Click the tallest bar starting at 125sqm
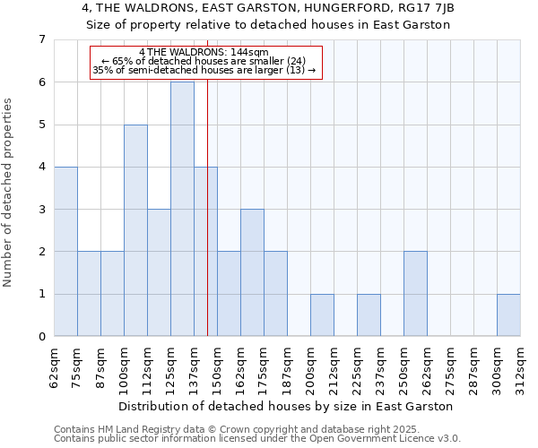(182, 209)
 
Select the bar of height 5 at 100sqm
(135, 230)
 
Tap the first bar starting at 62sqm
(65, 251)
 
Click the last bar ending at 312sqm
(508, 315)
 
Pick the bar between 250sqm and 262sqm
(415, 294)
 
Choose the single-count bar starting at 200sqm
(322, 315)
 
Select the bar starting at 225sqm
(369, 315)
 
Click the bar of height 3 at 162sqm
(252, 272)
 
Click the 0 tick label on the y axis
(41, 337)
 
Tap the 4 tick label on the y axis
(41, 168)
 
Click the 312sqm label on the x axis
(521, 367)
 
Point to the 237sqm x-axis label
(381, 367)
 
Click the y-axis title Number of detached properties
(9, 192)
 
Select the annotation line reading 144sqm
(205, 52)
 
